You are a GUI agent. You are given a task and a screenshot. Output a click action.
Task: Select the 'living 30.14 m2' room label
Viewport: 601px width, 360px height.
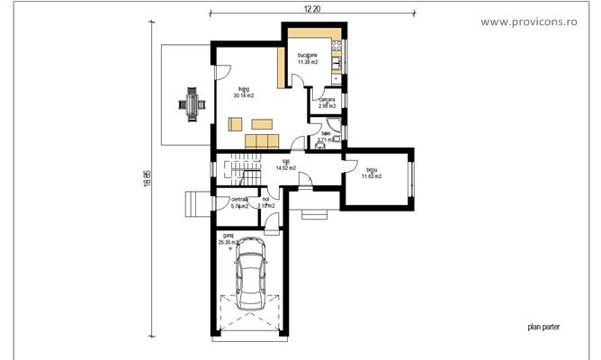[244, 91]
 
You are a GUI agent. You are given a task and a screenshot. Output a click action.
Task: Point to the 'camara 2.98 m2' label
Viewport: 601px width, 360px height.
[326, 103]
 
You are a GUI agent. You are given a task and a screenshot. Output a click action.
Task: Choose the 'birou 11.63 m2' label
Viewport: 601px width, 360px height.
[372, 173]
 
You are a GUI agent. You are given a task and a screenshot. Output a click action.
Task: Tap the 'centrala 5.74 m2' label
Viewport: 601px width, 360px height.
[239, 202]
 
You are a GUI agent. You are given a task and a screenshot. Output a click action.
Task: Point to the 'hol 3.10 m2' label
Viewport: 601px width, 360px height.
[265, 202]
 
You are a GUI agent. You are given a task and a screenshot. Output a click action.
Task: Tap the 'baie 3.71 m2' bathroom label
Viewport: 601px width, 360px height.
[326, 137]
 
